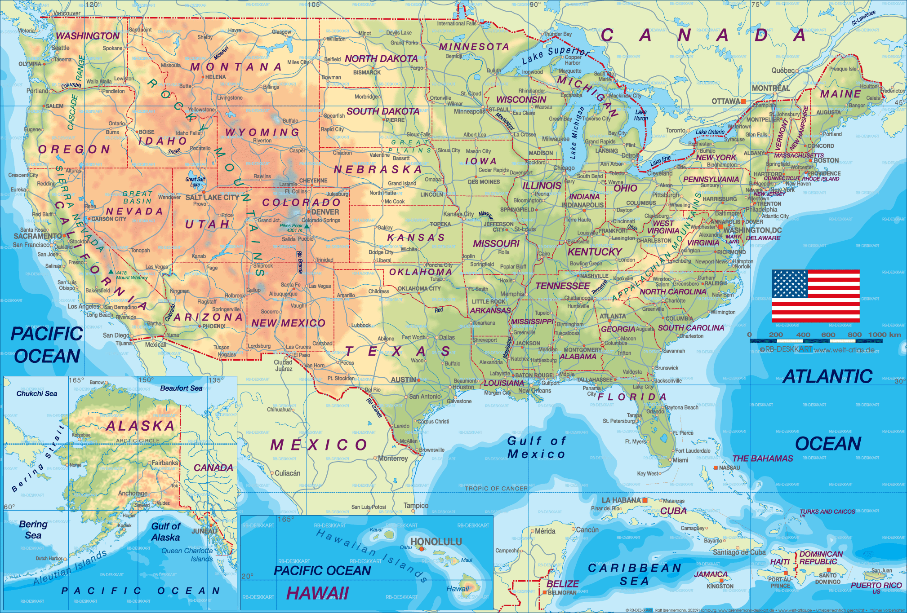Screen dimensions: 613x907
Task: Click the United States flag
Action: [816, 295]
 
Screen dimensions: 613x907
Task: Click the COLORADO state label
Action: [301, 203]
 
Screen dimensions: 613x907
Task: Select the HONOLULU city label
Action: [436, 542]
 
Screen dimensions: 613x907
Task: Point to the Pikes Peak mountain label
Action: [291, 228]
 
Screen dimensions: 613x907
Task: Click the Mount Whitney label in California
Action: [132, 275]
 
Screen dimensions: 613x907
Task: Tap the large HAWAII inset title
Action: [317, 593]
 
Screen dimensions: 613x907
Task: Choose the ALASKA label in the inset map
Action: [140, 426]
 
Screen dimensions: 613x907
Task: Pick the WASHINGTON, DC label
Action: [752, 230]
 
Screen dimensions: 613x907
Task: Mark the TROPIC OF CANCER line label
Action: [496, 488]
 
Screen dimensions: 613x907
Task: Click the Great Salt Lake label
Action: [195, 182]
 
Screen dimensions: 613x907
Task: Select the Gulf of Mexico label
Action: [536, 447]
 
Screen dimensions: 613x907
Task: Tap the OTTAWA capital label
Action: [725, 101]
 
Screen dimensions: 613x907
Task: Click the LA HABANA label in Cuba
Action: [621, 500]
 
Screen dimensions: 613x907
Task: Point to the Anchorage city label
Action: [133, 493]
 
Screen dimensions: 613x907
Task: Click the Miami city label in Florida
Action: [680, 460]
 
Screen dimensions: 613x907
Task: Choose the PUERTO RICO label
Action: [876, 585]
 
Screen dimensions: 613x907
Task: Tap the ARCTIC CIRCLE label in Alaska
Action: [138, 441]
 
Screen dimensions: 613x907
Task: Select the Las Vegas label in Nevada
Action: [156, 267]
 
